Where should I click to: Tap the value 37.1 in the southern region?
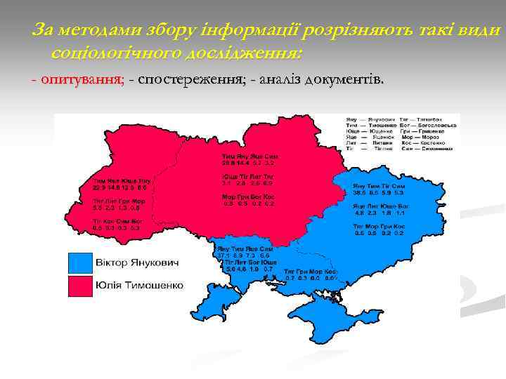point(223,255)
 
